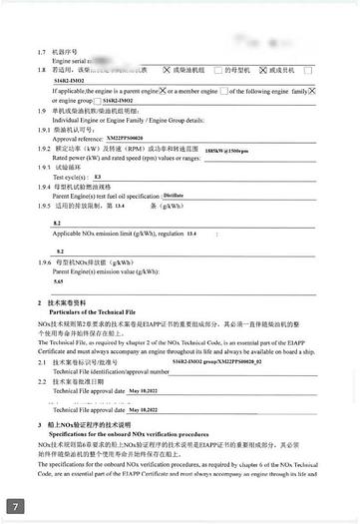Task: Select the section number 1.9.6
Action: point(43,262)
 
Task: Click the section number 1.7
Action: point(41,51)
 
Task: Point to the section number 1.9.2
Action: point(43,149)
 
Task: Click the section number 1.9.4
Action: point(43,187)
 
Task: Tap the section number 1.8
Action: point(41,70)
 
